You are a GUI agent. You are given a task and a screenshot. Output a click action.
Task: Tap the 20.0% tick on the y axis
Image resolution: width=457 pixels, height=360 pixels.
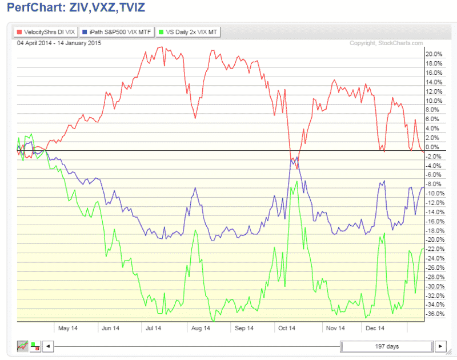coord(434,54)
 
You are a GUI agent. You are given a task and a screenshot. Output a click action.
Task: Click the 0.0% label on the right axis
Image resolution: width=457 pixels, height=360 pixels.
coord(435,147)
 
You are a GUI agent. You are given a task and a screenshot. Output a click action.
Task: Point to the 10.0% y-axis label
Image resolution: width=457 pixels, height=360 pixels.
coord(434,101)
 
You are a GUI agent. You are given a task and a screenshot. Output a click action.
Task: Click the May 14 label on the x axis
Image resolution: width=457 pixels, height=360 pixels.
coord(68,328)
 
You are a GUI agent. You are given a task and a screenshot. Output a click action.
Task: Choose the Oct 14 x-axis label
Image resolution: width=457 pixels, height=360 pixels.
coord(287,328)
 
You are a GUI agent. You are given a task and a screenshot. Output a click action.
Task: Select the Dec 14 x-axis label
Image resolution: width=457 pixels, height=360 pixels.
coord(375,328)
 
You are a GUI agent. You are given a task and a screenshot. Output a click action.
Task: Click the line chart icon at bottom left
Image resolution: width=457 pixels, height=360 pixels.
coord(23,346)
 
